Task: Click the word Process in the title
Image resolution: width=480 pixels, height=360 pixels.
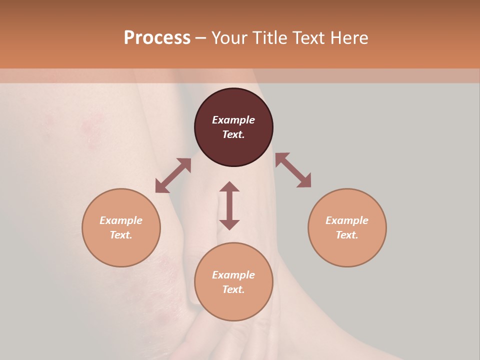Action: [x=157, y=38]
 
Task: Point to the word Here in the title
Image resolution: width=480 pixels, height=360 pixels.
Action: [x=349, y=38]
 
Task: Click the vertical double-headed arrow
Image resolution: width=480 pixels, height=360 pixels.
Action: [x=229, y=205]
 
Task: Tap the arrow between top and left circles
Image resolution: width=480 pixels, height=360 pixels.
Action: [x=173, y=175]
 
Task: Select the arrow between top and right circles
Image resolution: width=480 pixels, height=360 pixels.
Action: [x=293, y=170]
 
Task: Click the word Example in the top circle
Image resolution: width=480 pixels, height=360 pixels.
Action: [x=233, y=120]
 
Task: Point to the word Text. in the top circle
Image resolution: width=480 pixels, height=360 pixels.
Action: [x=233, y=134]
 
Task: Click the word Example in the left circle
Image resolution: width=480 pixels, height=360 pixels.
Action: [x=121, y=220]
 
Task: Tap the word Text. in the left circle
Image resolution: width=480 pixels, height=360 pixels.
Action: [x=121, y=235]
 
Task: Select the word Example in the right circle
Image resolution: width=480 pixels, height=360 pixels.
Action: [x=347, y=220]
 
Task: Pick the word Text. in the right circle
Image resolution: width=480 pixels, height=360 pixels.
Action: [x=347, y=235]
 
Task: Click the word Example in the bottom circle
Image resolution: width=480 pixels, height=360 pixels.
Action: [x=233, y=275]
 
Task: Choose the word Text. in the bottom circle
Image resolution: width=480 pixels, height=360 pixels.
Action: [x=233, y=289]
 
